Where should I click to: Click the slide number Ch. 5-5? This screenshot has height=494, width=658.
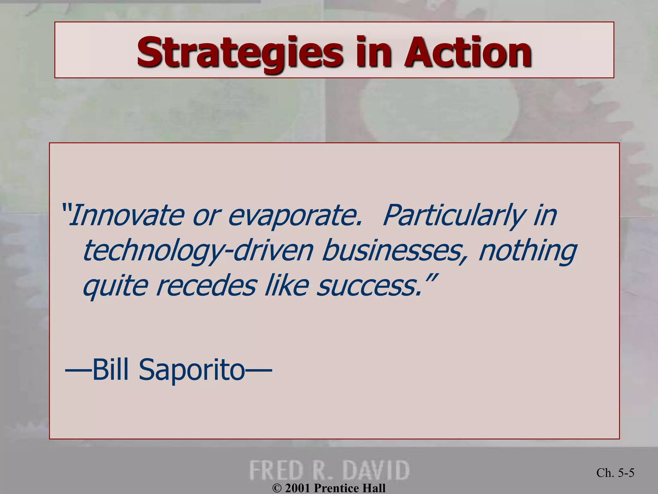point(615,473)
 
